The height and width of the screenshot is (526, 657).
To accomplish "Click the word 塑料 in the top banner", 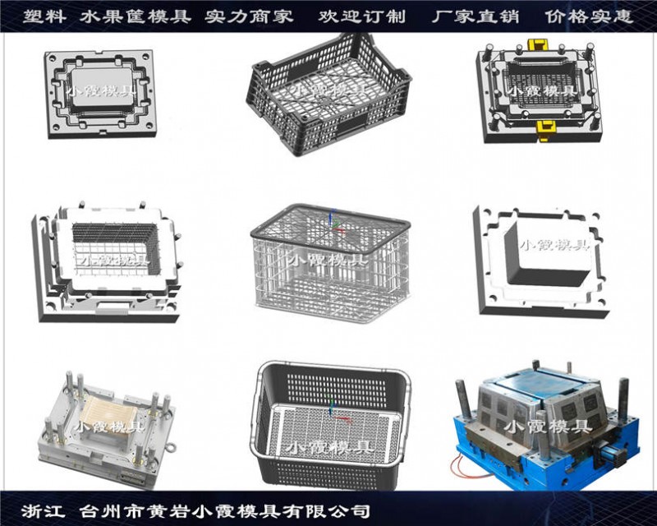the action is click(44, 16).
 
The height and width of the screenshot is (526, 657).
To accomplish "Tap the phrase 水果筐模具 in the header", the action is click(135, 16).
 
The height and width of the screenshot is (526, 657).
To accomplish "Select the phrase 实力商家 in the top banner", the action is click(249, 16).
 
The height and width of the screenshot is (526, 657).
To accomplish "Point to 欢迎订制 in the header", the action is click(362, 16).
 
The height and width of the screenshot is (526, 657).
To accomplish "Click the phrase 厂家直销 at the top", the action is click(476, 16).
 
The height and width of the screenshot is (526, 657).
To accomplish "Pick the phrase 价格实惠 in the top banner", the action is click(589, 16).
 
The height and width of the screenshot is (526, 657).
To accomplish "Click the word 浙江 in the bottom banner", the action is click(44, 511).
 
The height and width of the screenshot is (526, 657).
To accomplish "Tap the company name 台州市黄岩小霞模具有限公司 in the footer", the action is click(224, 511).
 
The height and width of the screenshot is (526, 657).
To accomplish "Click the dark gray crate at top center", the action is click(329, 95).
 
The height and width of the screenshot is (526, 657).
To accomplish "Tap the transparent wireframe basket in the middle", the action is click(331, 264).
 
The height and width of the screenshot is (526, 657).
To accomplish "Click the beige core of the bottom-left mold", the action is click(104, 414).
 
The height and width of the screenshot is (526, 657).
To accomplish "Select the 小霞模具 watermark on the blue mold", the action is click(549, 427).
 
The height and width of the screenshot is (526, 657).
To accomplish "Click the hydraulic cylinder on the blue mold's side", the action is click(613, 454).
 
